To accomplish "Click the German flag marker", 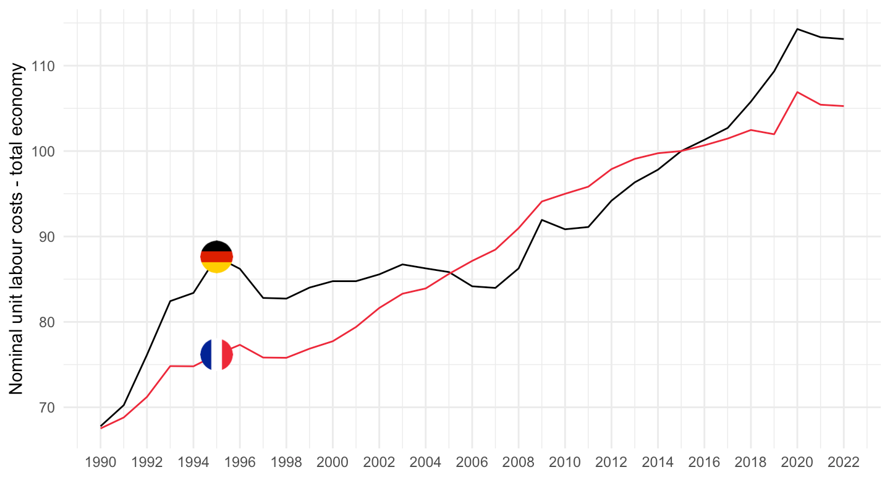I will [217, 257].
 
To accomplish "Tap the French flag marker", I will [217, 355].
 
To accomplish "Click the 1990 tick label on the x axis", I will [101, 463].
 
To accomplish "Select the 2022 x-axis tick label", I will [843, 463].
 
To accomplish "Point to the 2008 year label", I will [518, 463].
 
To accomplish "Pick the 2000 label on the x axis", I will [333, 463].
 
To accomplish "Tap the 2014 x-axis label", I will [658, 463].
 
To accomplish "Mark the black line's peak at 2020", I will [797, 29].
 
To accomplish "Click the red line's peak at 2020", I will [797, 92].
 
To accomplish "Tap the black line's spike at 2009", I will [541, 220].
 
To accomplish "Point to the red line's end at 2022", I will [843, 106].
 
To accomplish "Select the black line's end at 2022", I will [843, 39].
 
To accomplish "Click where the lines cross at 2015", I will [680, 151].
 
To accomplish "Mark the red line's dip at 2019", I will [774, 134].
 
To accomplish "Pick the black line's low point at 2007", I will [495, 288].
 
